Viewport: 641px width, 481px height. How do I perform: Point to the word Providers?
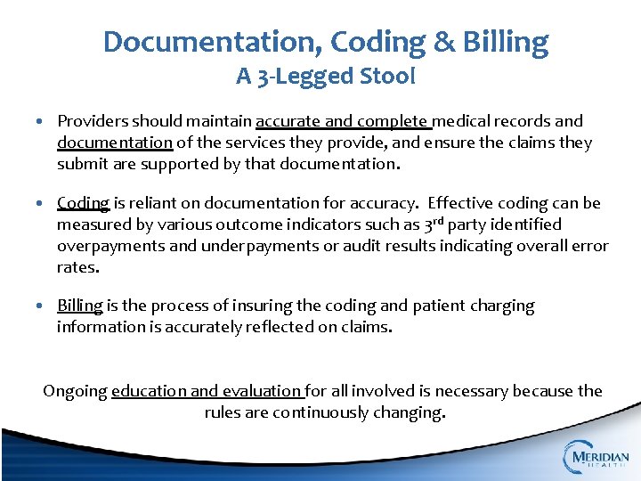94,120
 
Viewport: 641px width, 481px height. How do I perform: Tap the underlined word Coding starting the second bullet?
83,203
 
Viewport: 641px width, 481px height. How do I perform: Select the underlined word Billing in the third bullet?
80,306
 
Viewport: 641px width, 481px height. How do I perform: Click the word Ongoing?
75,391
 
